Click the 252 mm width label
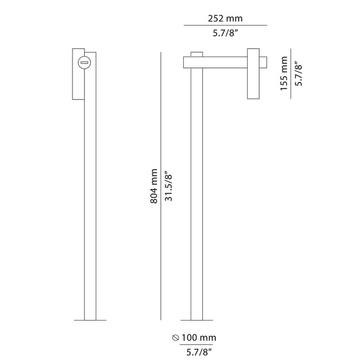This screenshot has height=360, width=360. click(225, 18)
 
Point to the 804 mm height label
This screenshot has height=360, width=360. click(153, 187)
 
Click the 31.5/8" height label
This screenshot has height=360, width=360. click(168, 187)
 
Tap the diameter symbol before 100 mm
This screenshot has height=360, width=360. click(176, 337)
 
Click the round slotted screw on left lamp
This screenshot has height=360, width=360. click(84, 63)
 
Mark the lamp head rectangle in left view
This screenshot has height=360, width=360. click(77, 85)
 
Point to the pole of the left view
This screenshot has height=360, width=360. click(90, 202)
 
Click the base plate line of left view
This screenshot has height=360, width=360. click(90, 320)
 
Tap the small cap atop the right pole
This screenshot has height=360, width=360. click(196, 54)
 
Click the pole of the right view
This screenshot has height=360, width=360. click(196, 202)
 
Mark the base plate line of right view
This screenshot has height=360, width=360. click(196, 320)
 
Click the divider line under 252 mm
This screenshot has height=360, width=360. click(225, 25)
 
